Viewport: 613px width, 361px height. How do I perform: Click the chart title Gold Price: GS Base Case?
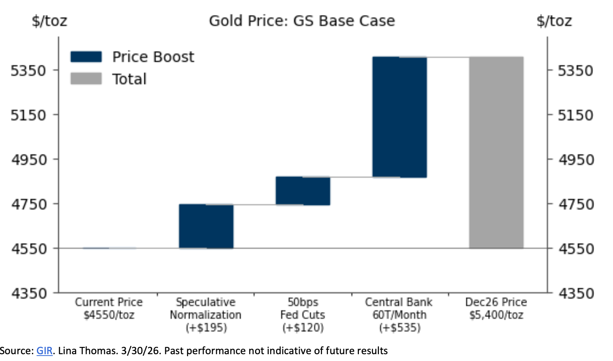coord(301,21)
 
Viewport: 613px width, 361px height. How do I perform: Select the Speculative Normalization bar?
coord(206,226)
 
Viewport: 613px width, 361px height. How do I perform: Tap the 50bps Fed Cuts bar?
coord(303,191)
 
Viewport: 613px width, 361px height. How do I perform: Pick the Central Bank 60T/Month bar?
coord(399,117)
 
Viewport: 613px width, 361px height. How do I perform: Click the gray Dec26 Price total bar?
coord(496,153)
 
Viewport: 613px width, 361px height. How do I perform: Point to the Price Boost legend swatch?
coord(86,57)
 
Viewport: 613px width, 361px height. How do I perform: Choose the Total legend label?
coord(129,79)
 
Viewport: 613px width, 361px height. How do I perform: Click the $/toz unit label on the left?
coord(49,21)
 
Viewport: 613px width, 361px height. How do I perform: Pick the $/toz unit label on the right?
coord(554,21)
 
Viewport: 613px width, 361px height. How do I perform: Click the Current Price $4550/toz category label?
coord(108,308)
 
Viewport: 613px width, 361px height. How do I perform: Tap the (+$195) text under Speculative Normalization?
coord(205,327)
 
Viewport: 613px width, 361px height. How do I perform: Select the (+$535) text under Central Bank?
coord(399,327)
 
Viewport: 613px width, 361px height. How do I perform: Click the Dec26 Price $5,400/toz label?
coord(496,308)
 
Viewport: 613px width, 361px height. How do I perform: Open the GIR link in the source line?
coord(43,351)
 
